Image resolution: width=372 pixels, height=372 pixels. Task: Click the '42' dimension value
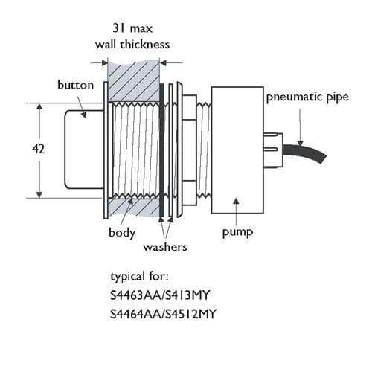39,150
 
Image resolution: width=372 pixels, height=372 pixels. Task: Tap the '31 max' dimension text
135,30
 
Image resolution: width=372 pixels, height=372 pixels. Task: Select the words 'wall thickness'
135,45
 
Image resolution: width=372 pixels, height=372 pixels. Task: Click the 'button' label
75,85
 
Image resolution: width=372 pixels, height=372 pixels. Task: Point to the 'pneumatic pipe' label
307,97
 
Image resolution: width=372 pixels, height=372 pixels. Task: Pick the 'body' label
122,233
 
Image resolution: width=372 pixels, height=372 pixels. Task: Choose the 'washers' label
164,246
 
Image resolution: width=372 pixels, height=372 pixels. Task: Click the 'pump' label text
238,233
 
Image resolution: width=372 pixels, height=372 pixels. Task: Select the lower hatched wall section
135,208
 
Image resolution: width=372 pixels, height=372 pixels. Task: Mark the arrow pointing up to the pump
236,212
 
